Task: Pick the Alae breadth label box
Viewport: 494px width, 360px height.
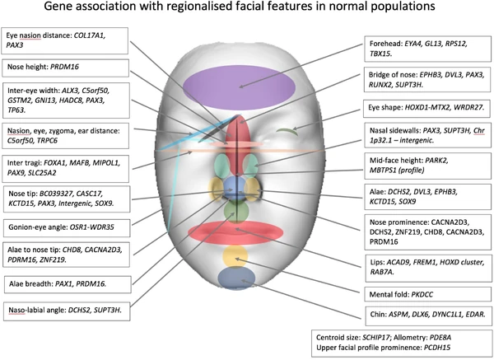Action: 67,284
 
